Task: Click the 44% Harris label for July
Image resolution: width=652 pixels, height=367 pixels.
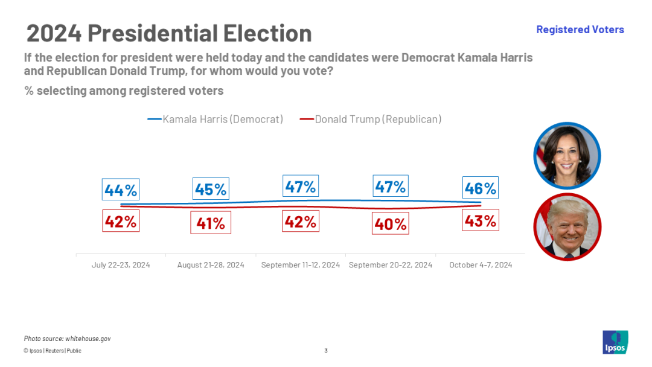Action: coord(121,190)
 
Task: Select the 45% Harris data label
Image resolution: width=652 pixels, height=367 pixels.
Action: coord(211,189)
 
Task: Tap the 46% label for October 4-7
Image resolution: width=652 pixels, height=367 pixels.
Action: coord(481,188)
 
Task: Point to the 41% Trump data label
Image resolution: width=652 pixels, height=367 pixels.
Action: coord(211,223)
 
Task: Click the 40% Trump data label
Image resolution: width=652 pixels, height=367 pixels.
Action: coord(391,223)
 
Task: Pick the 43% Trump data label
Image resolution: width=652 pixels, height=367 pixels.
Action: coord(481,221)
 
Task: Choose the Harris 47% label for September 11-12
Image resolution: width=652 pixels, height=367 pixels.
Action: coord(301,187)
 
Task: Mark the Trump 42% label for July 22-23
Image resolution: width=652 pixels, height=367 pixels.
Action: coord(121,221)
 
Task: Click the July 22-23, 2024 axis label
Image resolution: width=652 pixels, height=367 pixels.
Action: coord(121,265)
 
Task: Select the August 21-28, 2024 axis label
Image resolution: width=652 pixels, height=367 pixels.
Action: coord(211,265)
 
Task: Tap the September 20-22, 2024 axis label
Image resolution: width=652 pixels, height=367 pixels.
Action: coord(391,265)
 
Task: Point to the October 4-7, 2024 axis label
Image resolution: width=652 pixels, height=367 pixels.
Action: coord(481,265)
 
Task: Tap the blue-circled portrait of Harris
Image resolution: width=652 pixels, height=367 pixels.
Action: coord(567,156)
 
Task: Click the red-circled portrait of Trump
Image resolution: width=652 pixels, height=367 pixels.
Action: coord(567,227)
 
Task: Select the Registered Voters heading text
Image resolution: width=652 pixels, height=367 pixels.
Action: coord(580,30)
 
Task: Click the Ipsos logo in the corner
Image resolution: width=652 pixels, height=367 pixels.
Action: coord(615,342)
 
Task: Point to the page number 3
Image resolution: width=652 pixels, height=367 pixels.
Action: coord(326,351)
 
